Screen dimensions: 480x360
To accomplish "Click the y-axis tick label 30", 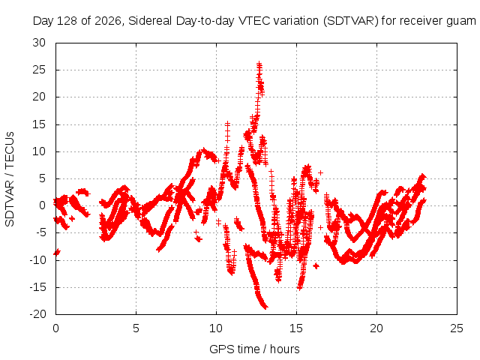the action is tap(39, 43).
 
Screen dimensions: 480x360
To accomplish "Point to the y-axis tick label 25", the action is tap(39, 70).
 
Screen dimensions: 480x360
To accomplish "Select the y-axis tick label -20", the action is tap(37, 314).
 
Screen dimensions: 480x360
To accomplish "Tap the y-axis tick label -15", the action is tap(37, 287).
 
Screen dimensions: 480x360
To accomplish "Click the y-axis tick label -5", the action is tap(40, 232).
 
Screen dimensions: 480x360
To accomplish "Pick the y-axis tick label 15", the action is tap(39, 124).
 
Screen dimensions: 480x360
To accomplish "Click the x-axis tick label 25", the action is tap(457, 328).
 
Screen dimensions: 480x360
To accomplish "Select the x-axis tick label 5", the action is tap(136, 328).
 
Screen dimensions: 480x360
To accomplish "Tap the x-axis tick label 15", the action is tap(296, 328).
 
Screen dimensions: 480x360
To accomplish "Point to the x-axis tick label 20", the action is tap(376, 328).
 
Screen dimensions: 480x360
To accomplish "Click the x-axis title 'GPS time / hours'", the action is tap(254, 349).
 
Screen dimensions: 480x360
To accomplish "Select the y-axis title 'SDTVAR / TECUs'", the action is tap(10, 179).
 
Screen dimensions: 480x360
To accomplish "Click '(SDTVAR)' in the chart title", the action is tap(351, 21).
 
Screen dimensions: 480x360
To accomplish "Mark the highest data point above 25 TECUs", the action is tap(259, 64).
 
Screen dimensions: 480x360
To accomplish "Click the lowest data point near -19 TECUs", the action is tap(265, 307).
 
